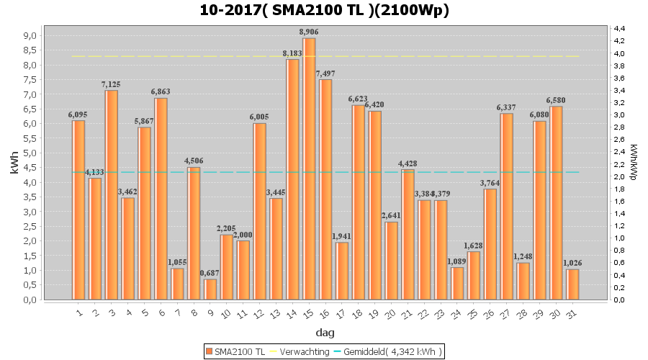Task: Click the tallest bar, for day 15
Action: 309,168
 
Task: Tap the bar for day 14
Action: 292,179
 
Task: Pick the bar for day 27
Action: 507,206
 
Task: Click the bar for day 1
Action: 78,210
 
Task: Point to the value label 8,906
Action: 309,32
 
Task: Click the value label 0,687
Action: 210,273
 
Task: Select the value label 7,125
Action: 112,84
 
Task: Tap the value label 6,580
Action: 557,100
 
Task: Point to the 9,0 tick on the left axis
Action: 30,35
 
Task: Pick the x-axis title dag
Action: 324,333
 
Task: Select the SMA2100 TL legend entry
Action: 236,351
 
